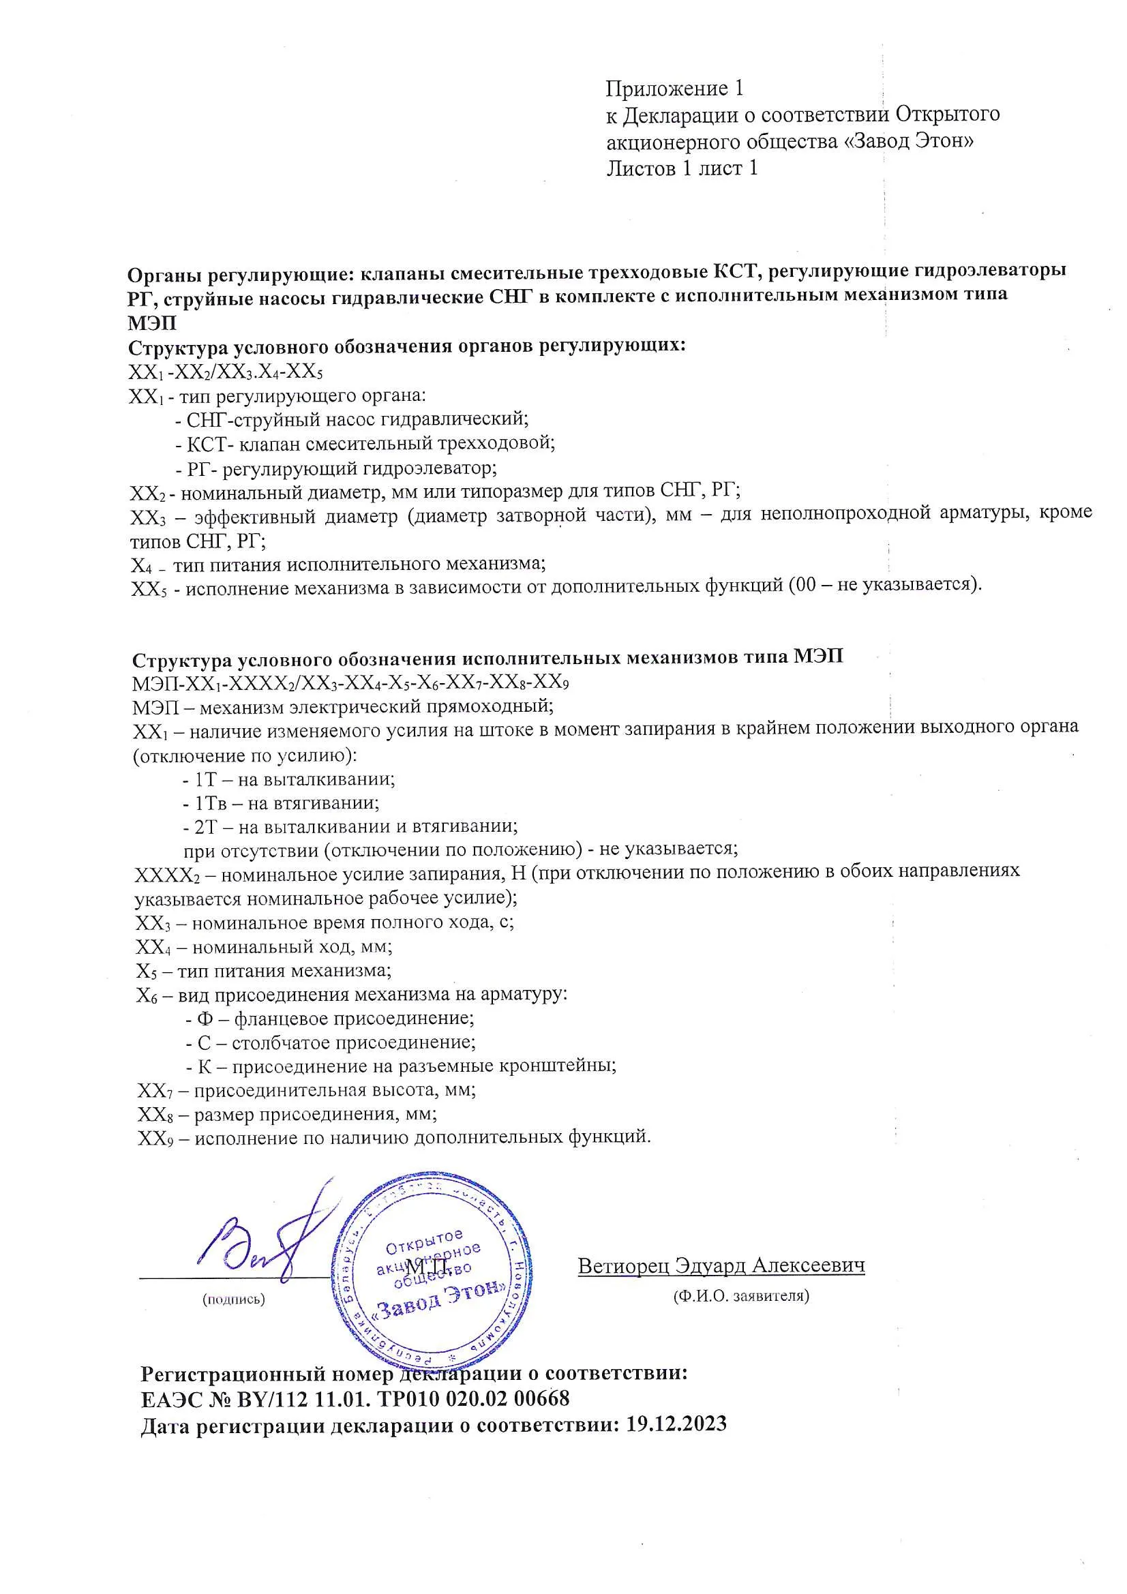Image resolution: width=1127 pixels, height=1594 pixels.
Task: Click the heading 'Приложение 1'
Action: point(674,89)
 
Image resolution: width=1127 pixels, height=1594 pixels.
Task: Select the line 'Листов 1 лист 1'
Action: point(681,168)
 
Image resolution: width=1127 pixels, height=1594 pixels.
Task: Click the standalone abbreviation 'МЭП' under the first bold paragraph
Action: point(152,323)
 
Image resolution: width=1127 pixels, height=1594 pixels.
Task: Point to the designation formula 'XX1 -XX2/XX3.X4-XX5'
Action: point(226,373)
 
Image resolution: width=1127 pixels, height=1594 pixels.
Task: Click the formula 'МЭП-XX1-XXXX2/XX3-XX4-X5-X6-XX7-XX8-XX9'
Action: point(350,683)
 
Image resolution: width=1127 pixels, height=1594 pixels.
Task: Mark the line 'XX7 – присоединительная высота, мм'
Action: point(306,1090)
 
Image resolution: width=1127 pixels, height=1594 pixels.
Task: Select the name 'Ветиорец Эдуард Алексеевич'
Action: point(721,1265)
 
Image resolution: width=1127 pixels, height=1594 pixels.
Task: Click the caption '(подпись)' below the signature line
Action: point(233,1299)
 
